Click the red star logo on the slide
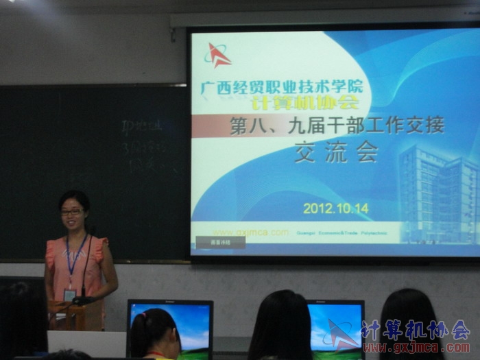pos(218,56)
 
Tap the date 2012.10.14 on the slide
pos(335,208)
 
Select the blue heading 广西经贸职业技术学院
pos(282,87)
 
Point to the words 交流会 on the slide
pos(336,152)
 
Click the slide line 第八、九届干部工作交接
pos(337,125)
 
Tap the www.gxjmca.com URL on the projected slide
pos(250,232)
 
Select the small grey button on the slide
pos(220,242)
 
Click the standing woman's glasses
pos(71,212)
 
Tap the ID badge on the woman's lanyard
pos(69,294)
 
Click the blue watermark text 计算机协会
pos(415,330)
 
